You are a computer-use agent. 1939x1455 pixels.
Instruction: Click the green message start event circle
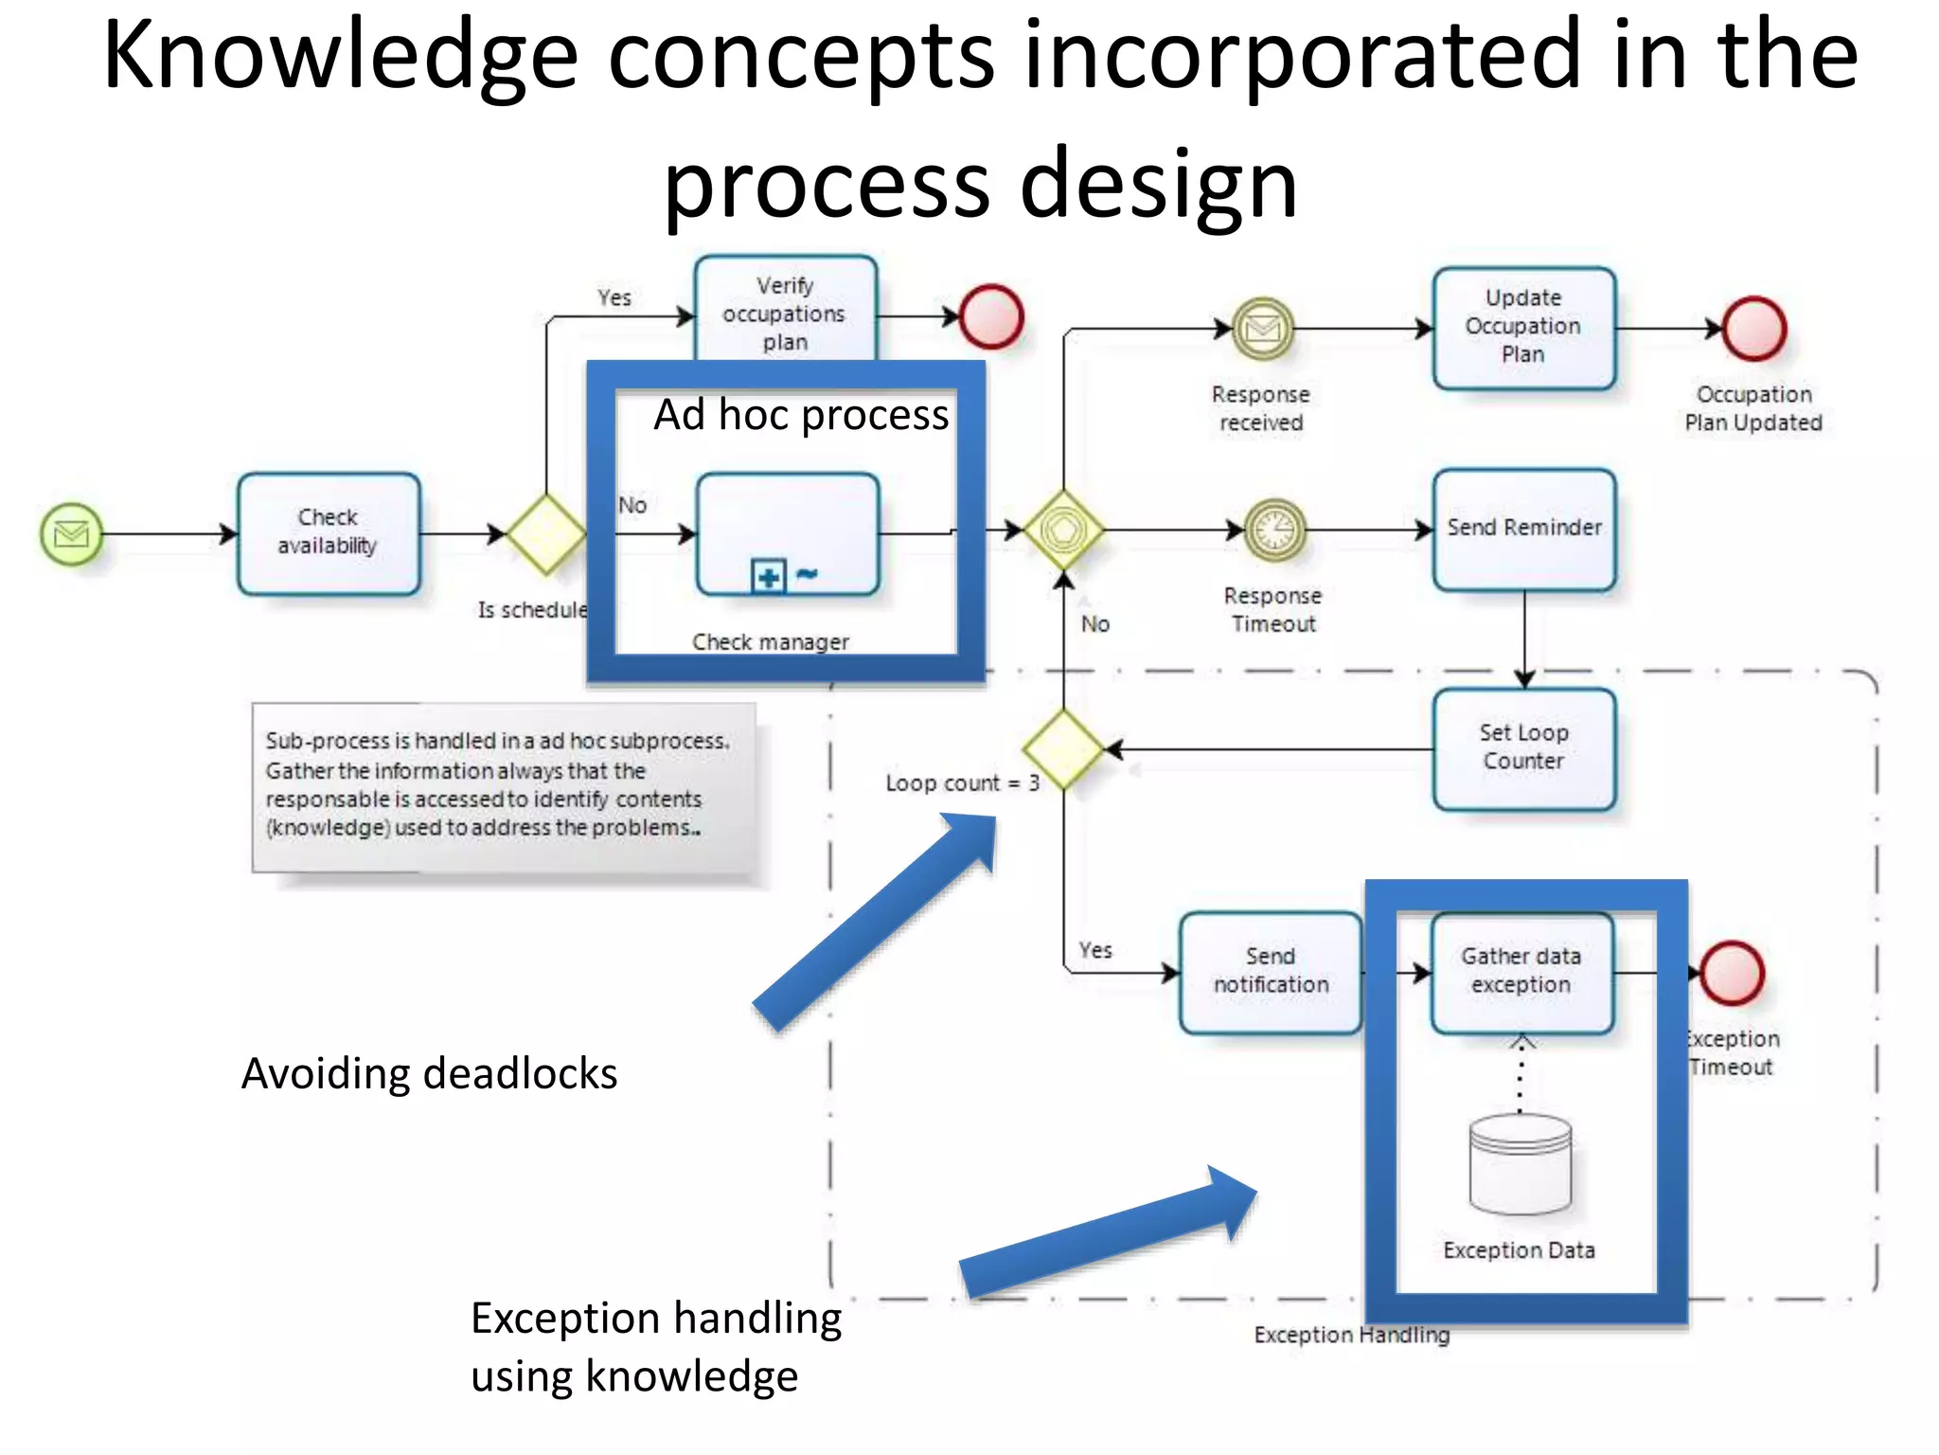(x=71, y=534)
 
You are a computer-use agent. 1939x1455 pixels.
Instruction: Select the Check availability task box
(x=329, y=533)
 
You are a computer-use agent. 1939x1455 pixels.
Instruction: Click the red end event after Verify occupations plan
(x=991, y=316)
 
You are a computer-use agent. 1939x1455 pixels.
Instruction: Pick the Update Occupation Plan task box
(x=1522, y=328)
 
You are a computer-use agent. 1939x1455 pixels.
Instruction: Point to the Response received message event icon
(x=1262, y=329)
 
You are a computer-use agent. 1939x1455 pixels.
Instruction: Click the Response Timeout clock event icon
(x=1274, y=530)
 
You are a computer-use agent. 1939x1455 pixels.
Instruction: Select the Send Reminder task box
(x=1523, y=530)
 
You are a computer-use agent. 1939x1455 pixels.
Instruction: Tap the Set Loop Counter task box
(x=1523, y=748)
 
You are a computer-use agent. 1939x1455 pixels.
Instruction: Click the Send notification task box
(x=1271, y=972)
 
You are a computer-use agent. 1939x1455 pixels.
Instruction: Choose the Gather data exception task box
(x=1521, y=972)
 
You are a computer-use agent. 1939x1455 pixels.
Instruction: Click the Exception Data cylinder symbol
(x=1520, y=1164)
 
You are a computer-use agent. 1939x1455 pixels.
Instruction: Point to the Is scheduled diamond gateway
(x=546, y=534)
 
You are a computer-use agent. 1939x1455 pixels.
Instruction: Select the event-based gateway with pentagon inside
(x=1063, y=530)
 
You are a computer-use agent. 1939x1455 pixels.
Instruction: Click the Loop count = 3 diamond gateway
(x=1063, y=748)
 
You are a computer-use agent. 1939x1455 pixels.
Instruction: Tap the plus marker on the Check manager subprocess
(x=768, y=576)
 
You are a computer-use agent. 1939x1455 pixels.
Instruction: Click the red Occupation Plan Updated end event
(x=1753, y=329)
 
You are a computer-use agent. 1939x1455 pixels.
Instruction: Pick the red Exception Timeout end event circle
(x=1732, y=973)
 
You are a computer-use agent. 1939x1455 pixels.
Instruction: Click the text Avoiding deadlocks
(x=429, y=1074)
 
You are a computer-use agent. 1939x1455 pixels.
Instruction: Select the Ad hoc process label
(x=801, y=416)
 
